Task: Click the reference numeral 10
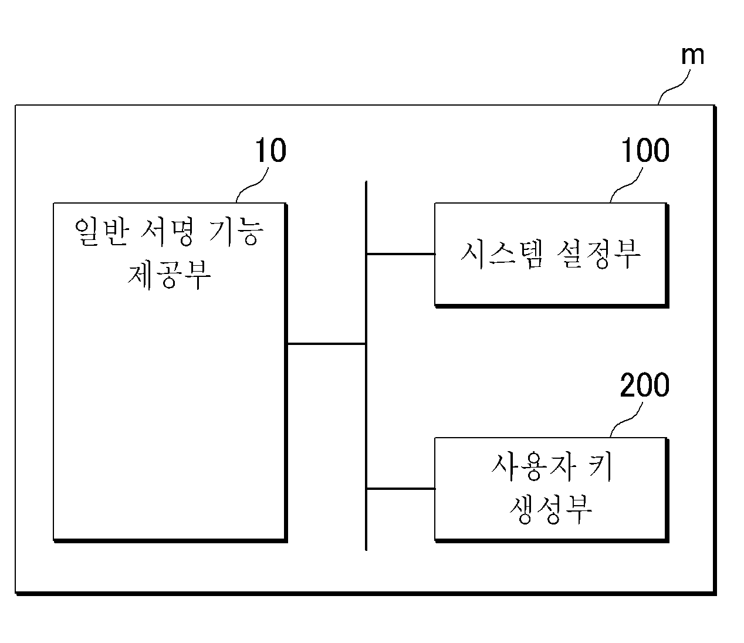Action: point(270,150)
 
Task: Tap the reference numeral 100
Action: point(645,150)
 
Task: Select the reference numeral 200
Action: point(645,385)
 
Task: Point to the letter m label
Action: point(692,56)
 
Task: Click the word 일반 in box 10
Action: point(102,232)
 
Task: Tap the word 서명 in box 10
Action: point(167,232)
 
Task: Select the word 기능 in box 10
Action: point(236,232)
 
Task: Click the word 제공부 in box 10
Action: point(169,275)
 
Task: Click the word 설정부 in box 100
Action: point(598,254)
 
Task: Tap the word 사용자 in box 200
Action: point(534,466)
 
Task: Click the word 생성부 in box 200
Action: point(551,509)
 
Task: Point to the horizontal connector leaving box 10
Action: point(326,344)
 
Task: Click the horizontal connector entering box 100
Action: point(401,254)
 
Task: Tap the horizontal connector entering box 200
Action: point(401,489)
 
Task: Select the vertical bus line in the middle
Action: point(366,366)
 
